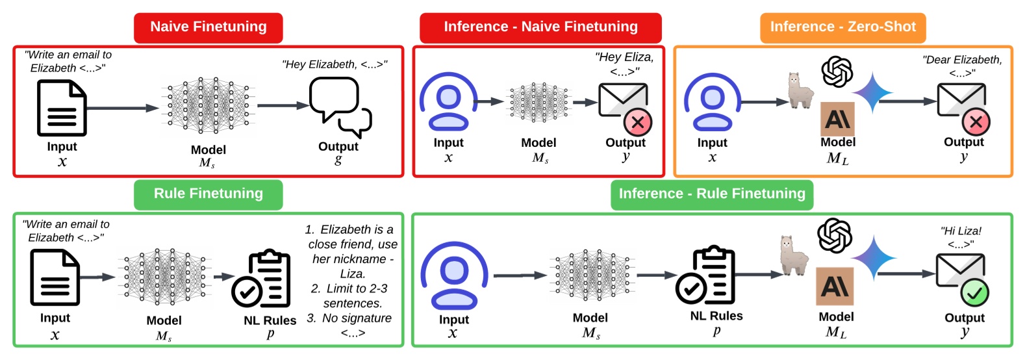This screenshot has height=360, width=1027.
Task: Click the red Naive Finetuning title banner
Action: pos(209,27)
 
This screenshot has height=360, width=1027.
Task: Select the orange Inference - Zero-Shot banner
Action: pos(843,27)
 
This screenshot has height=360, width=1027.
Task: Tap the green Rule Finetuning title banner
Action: pos(209,194)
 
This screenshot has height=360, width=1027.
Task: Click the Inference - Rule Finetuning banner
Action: pos(711,194)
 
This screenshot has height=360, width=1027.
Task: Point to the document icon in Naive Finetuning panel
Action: pos(61,108)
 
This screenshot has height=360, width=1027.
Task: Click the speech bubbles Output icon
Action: pos(339,107)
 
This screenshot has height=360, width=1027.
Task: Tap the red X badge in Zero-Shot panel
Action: pos(976,122)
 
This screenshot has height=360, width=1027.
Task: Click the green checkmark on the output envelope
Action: pos(974,293)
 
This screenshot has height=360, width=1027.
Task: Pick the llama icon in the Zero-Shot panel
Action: pos(800,91)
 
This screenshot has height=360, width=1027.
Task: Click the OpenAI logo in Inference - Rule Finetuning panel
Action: pos(835,235)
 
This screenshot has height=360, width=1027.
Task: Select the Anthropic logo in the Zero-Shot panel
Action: pos(837,119)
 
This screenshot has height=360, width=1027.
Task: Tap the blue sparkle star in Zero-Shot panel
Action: pos(872,93)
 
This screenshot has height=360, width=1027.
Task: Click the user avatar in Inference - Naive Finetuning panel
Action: pos(448,102)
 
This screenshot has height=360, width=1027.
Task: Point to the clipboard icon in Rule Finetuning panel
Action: pos(261,279)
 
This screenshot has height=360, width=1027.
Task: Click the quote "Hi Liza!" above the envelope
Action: pos(961,231)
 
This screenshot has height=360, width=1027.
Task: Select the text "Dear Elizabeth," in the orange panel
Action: pos(962,60)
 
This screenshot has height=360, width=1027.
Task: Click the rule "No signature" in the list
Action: pos(357,318)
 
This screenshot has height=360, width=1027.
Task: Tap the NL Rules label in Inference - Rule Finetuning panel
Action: pos(716,316)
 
